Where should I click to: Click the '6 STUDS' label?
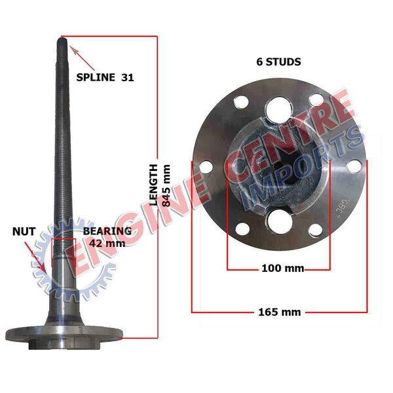point(279,62)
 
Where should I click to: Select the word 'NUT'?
point(24,231)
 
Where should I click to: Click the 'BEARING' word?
point(107,231)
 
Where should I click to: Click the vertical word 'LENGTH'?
point(153,185)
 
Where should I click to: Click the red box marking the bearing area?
point(64,252)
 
